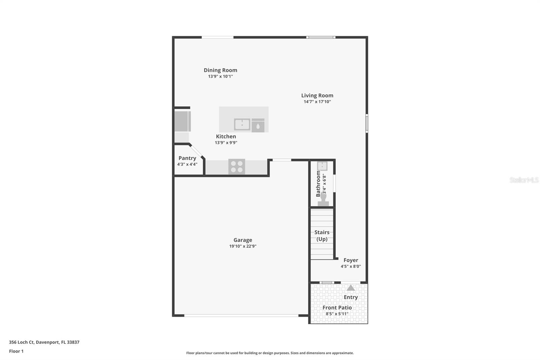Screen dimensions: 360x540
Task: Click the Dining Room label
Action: pos(220,70)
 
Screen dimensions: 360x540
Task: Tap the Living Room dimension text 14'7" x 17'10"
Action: pos(317,102)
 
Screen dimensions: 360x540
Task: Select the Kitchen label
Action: pos(226,136)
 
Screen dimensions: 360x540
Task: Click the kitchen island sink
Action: pos(242,124)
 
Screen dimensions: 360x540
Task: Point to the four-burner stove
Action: pos(237,166)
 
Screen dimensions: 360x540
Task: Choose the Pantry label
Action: pos(187,158)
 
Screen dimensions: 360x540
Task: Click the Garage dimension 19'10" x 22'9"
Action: pos(243,246)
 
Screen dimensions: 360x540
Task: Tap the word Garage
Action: pos(243,240)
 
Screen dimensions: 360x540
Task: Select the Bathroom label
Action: pos(318,184)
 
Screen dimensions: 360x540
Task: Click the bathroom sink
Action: pos(322,166)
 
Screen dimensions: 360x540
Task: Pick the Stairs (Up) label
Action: pos(322,236)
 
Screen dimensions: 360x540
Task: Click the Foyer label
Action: pos(351,260)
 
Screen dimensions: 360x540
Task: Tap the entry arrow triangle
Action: pos(351,288)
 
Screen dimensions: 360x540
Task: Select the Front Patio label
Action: pos(337,308)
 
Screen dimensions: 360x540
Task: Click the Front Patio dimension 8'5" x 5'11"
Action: pos(337,314)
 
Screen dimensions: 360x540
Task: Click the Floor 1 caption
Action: pos(16,351)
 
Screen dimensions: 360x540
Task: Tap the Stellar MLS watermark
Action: pos(524,180)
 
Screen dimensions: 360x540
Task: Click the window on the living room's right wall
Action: pos(367,123)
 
